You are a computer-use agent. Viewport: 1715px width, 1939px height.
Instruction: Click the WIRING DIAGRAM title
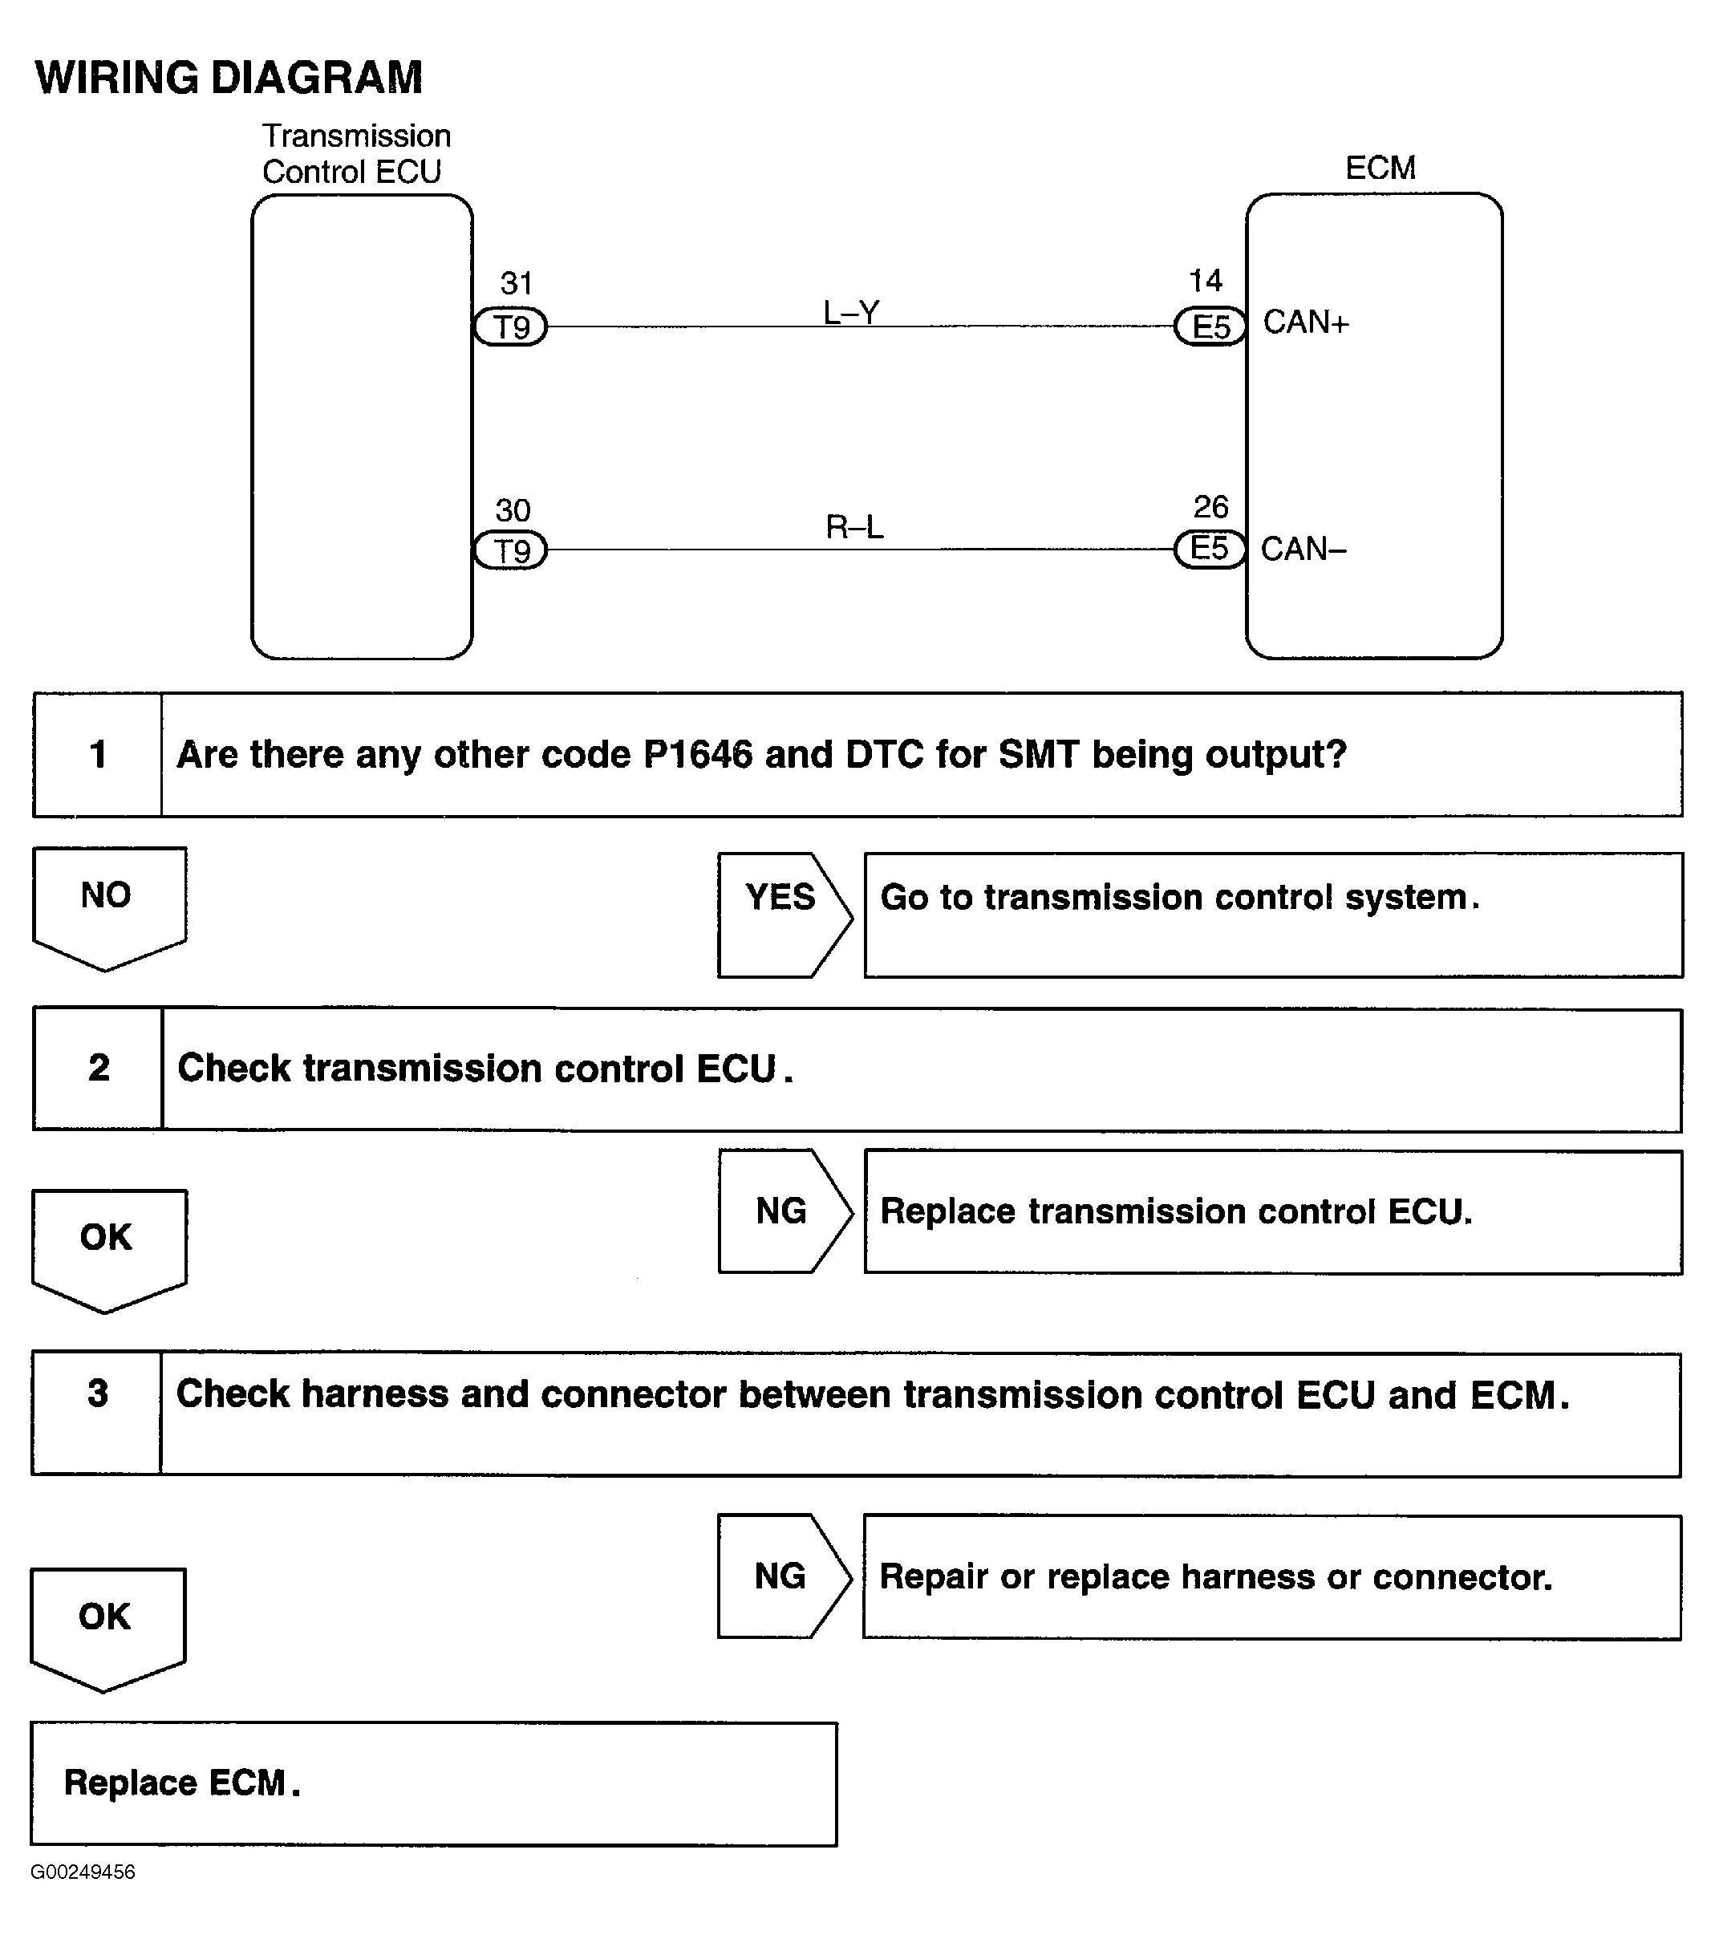click(x=229, y=78)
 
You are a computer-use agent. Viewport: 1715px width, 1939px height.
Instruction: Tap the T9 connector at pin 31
click(x=511, y=327)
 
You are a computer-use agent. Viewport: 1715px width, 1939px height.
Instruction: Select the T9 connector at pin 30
click(x=511, y=550)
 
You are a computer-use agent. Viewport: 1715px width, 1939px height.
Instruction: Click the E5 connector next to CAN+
click(x=1210, y=327)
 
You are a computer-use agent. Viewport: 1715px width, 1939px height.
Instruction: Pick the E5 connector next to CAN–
click(x=1210, y=548)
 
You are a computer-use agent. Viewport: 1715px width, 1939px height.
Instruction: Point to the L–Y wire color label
click(x=851, y=312)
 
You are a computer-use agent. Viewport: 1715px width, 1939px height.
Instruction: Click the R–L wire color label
click(x=853, y=526)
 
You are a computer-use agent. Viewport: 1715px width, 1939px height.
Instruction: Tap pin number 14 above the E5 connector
click(x=1206, y=281)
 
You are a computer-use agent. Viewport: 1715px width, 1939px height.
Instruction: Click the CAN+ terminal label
click(x=1305, y=322)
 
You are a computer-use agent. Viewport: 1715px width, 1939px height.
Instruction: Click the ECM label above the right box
click(x=1381, y=168)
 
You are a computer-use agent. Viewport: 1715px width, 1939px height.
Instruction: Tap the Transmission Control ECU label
click(x=355, y=154)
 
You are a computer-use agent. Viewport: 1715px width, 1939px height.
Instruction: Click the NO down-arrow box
click(x=107, y=904)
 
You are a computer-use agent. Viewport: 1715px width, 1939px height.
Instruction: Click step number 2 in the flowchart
click(x=99, y=1068)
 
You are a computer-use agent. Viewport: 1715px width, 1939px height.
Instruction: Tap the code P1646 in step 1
click(x=697, y=755)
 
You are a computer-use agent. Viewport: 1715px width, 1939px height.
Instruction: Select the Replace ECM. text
click(x=181, y=1783)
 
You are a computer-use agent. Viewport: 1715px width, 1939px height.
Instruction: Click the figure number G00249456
click(x=83, y=1872)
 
